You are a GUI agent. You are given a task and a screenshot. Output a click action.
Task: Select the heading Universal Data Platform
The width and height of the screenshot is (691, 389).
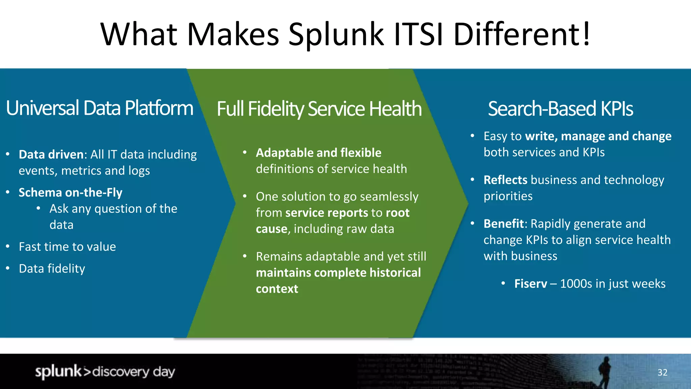click(100, 108)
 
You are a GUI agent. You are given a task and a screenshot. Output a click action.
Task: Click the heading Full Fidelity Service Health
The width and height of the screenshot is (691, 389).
click(319, 109)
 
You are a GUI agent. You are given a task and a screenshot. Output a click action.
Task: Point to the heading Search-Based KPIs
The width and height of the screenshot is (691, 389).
click(560, 109)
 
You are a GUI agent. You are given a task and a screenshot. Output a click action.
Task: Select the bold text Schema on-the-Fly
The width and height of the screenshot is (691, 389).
click(71, 192)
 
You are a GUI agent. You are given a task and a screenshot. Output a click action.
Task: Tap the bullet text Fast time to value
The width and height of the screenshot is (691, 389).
click(67, 247)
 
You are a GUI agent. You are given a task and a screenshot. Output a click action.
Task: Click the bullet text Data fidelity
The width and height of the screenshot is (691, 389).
click(52, 269)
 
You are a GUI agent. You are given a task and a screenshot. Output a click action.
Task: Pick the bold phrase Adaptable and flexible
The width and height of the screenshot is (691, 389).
click(319, 153)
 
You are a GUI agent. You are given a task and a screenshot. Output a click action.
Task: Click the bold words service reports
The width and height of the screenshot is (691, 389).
click(327, 213)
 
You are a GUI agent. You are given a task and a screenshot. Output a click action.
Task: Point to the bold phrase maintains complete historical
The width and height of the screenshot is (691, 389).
click(338, 273)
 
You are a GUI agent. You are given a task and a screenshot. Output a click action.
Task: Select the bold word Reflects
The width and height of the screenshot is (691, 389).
click(505, 180)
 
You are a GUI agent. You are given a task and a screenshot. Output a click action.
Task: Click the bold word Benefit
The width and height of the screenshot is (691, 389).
click(503, 224)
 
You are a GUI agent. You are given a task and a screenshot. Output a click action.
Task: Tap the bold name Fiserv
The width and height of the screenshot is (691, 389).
click(530, 284)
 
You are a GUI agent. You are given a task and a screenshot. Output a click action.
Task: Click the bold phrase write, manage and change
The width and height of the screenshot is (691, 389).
click(598, 136)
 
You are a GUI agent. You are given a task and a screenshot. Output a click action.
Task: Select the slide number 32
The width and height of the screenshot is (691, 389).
click(662, 372)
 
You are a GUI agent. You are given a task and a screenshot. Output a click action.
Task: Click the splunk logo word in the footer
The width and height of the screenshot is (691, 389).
click(58, 371)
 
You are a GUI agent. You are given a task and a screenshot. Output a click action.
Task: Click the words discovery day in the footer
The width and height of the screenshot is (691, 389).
click(134, 372)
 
